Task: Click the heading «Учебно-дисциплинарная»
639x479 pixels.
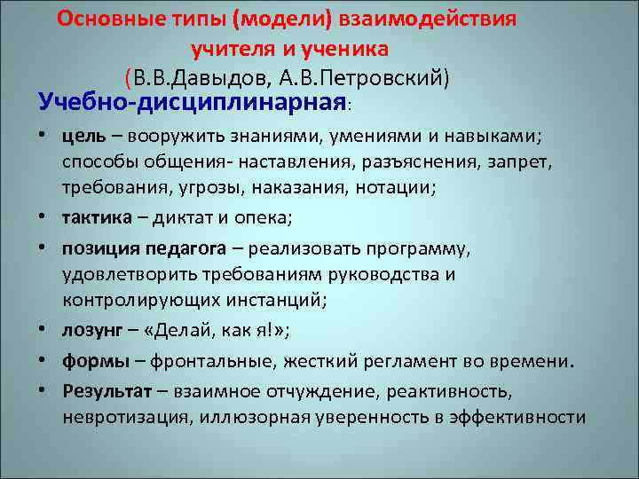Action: coord(192,102)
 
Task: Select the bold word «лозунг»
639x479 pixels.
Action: coord(92,332)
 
